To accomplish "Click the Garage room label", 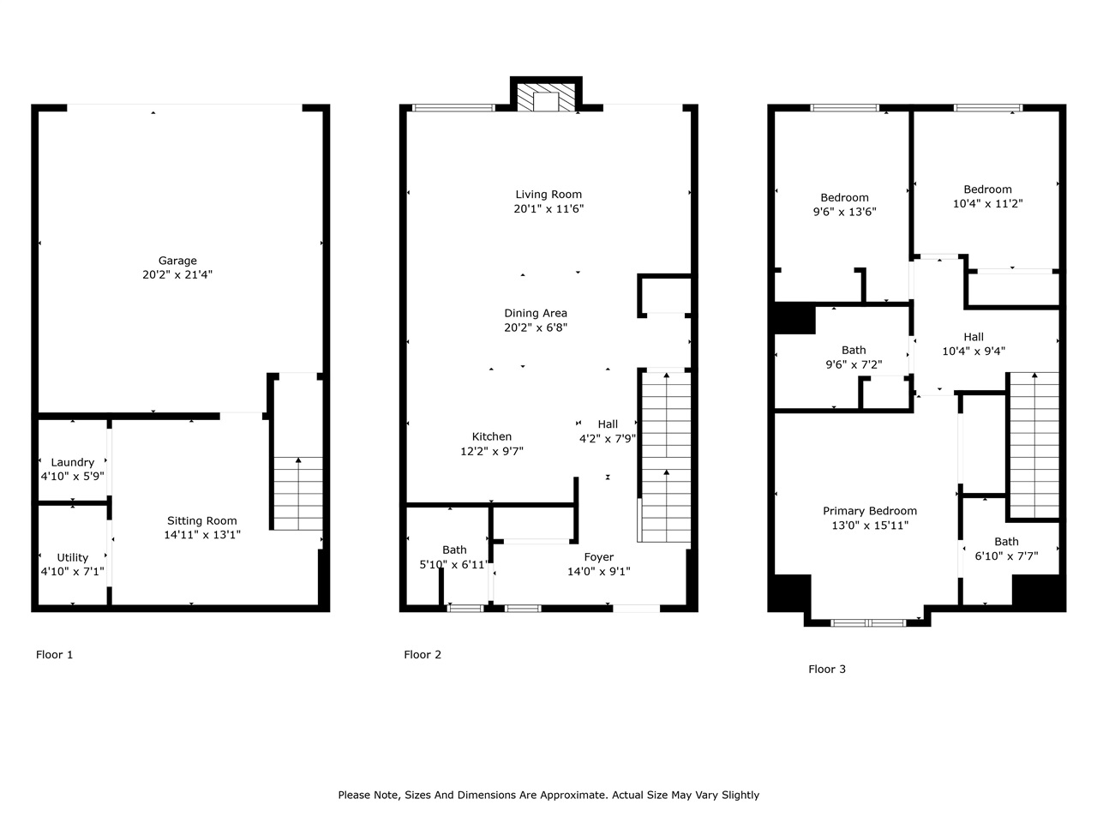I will coord(177,261).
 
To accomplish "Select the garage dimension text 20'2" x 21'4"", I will coord(177,275).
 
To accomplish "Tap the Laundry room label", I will coord(73,462).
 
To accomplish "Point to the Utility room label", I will coord(73,557).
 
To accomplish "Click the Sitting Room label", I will coord(202,520).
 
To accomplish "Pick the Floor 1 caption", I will coord(55,655).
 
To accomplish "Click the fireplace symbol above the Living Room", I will coord(546,98).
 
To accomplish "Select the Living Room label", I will coord(548,195).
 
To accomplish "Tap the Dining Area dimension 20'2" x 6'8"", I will coord(536,327).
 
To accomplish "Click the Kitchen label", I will coord(492,436).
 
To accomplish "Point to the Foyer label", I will coord(599,557).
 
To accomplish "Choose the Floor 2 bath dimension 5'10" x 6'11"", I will coord(455,565).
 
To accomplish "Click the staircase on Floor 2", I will coord(666,454).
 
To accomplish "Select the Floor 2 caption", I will coord(423,655).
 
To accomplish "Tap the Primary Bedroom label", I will coord(870,511).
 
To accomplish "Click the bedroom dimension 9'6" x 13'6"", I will coord(845,212).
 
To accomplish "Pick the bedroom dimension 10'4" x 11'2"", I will coord(987,204).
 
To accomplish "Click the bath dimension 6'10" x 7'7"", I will coord(1007,556).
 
